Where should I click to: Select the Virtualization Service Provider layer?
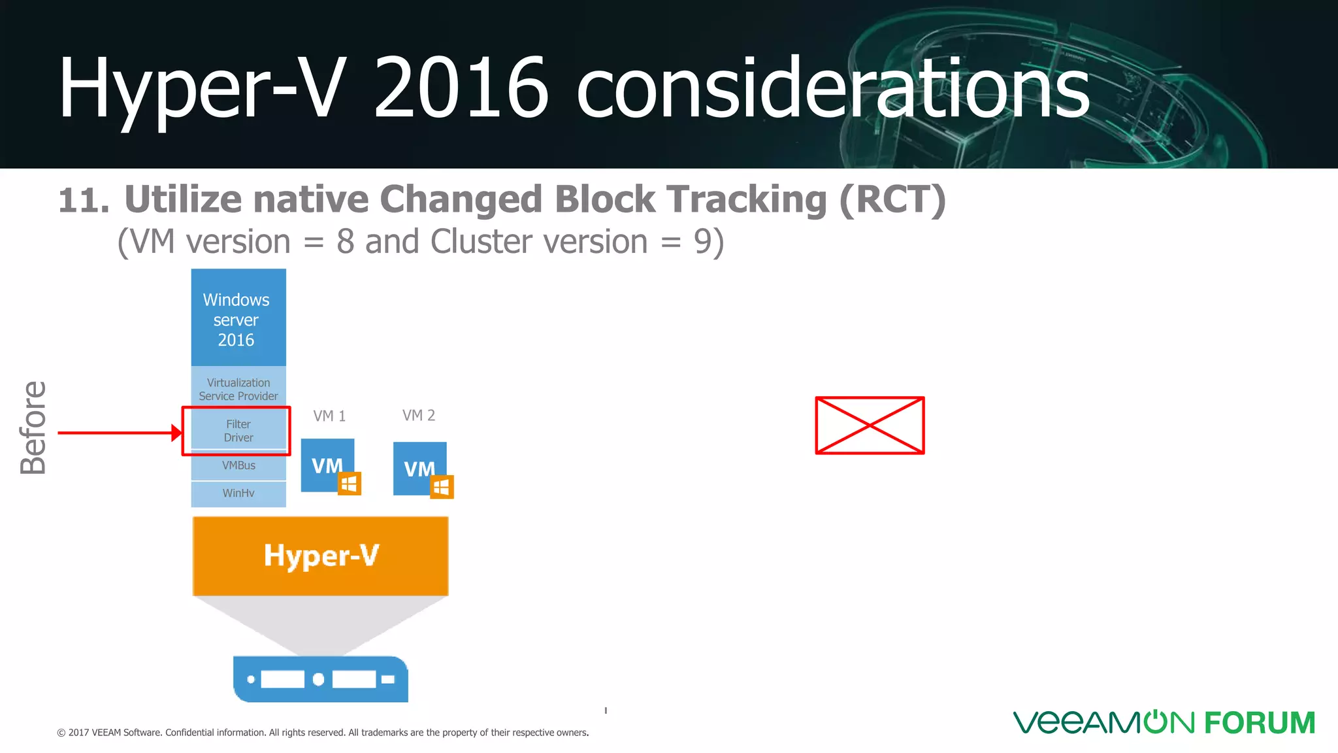pos(238,389)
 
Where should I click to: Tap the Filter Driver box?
pos(238,431)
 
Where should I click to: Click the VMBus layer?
pos(238,465)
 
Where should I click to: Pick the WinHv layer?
pos(238,494)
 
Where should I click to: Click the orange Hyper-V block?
pos(320,556)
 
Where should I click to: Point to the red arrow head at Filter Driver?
pos(176,433)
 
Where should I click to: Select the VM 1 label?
pos(329,416)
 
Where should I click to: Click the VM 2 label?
pos(419,415)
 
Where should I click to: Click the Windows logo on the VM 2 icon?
pos(442,487)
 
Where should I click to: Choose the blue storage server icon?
pos(320,679)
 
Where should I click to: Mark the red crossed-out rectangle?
pos(870,425)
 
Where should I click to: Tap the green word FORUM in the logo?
pos(1260,723)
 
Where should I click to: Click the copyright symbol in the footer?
pos(61,733)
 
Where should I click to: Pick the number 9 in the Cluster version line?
pos(703,242)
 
